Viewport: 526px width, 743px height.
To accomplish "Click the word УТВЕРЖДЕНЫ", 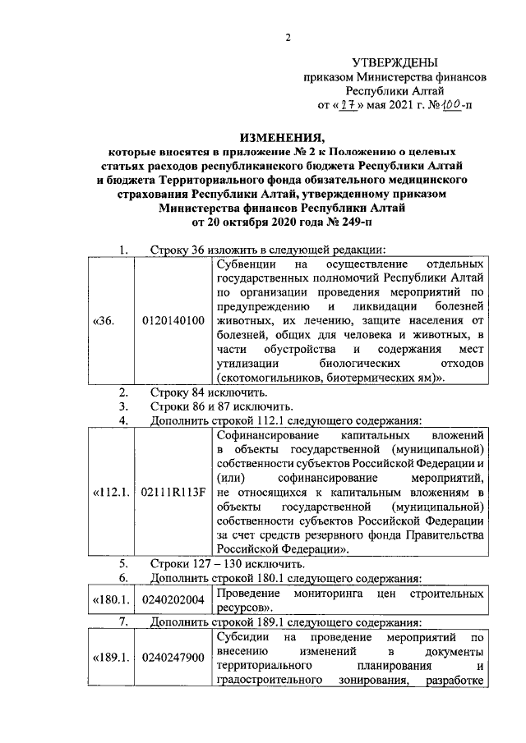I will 394,63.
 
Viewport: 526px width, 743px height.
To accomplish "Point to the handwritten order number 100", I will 450,105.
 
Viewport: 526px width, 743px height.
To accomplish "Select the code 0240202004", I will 173,600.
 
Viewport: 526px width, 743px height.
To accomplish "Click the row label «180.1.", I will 108,600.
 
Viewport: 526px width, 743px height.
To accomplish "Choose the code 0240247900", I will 173,657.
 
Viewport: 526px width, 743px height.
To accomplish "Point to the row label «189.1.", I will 108,657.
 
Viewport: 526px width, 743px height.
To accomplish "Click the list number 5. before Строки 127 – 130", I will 123,564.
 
